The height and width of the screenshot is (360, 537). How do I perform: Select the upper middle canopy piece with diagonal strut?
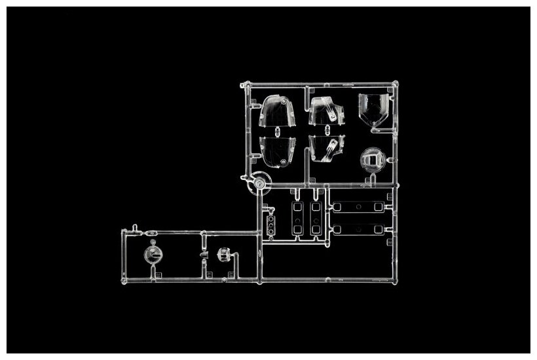(x=325, y=111)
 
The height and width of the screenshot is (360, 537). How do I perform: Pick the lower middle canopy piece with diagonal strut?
(x=325, y=149)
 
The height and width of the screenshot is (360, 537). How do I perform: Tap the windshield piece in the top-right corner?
(x=373, y=108)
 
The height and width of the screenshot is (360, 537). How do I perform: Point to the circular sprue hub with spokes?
(x=259, y=183)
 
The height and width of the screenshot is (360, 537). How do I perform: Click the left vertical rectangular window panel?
(x=298, y=218)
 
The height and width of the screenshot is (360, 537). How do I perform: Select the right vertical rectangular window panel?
(x=316, y=218)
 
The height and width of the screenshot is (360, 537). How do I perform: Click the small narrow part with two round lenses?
(x=271, y=224)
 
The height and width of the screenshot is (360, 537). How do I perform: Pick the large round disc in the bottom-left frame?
(x=153, y=255)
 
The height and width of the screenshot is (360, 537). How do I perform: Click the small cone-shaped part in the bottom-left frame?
(x=203, y=255)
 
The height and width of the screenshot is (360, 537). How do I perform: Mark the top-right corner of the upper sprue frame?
(x=396, y=84)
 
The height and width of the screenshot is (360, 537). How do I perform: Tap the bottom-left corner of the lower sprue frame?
(x=122, y=281)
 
